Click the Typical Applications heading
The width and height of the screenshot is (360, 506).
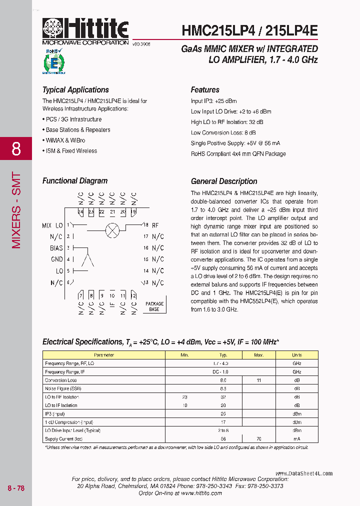[x=75, y=90]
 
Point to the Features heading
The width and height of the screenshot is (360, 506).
[x=205, y=90]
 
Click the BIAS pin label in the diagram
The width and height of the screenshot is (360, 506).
[x=56, y=248]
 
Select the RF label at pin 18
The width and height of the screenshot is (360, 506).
[x=155, y=225]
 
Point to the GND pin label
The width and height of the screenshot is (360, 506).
[x=57, y=259]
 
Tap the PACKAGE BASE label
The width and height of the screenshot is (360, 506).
[x=154, y=306]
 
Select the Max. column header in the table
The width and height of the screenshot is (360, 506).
[x=258, y=355]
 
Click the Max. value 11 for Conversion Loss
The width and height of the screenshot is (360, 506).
[x=258, y=380]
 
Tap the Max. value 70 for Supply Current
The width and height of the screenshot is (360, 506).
[x=258, y=438]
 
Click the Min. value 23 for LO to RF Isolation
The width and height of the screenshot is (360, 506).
[x=184, y=397]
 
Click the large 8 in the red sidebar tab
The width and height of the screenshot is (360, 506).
[x=16, y=148]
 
